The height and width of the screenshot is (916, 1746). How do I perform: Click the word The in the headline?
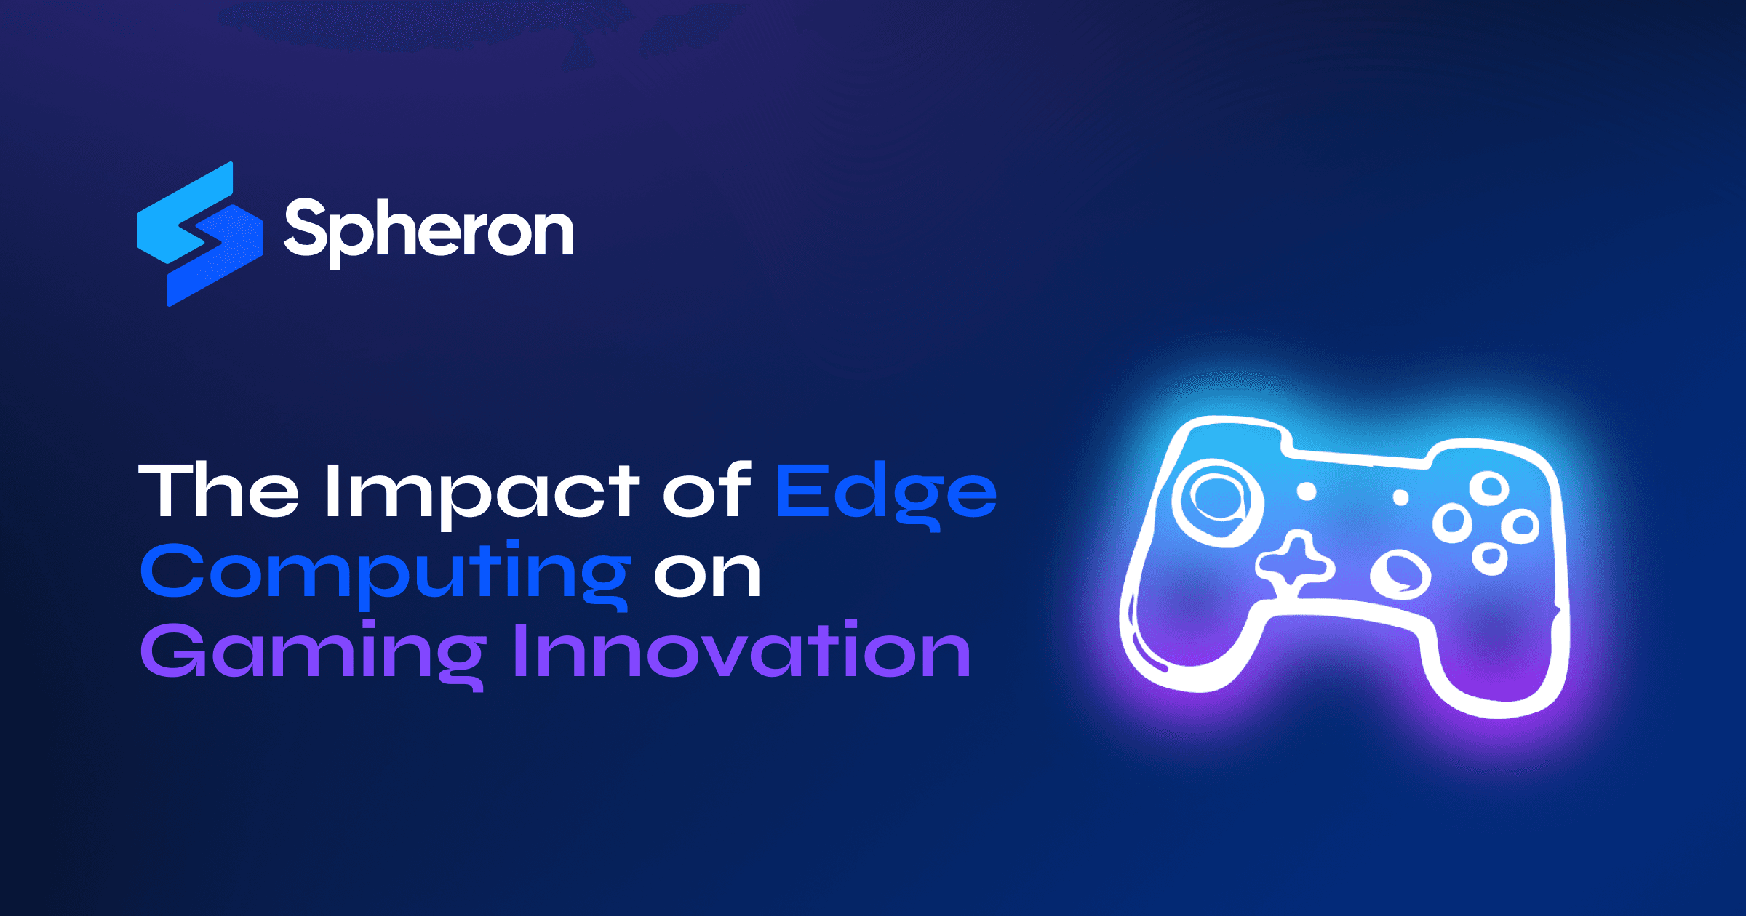point(218,491)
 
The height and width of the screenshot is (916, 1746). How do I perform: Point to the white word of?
point(706,491)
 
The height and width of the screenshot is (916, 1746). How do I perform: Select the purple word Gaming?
point(313,653)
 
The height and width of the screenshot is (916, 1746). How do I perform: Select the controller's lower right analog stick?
point(1400,574)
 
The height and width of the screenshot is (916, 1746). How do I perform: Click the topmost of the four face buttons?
point(1489,489)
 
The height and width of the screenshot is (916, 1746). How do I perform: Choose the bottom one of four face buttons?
point(1489,558)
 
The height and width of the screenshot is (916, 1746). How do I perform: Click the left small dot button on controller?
point(1307,492)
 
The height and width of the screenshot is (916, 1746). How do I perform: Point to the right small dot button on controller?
point(1400,498)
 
